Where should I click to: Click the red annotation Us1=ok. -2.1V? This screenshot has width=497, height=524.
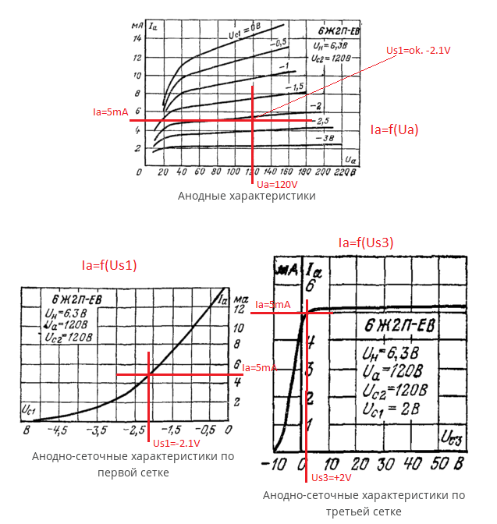click(x=420, y=50)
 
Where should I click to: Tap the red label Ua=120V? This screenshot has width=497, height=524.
click(x=278, y=184)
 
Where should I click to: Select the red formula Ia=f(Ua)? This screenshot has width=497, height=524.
click(x=394, y=130)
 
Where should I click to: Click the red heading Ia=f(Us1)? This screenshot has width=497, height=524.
click(x=109, y=265)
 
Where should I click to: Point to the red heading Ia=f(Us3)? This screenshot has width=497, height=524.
click(x=366, y=243)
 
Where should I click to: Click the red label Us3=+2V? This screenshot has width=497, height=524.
click(x=332, y=477)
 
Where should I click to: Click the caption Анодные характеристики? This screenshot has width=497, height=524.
click(x=247, y=196)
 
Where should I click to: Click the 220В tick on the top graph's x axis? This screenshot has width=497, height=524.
click(x=343, y=171)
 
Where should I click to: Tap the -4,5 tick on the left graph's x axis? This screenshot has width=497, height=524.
click(x=59, y=430)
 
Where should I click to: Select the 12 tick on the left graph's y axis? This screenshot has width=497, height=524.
click(x=239, y=309)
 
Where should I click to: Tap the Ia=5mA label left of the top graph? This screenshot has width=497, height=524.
click(x=110, y=112)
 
